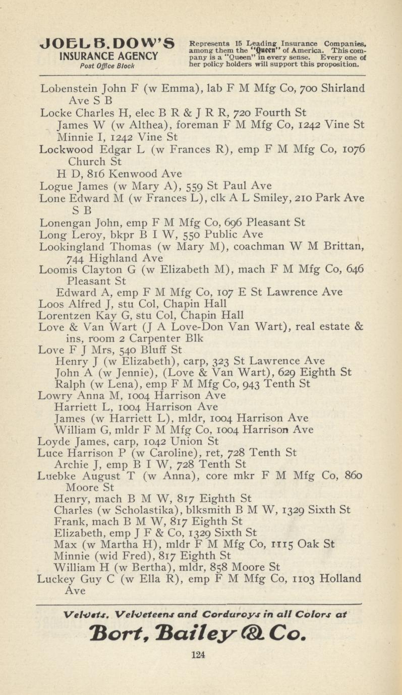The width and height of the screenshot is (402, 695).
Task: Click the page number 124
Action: tap(201, 655)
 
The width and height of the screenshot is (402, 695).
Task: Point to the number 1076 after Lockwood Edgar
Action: tap(352, 150)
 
